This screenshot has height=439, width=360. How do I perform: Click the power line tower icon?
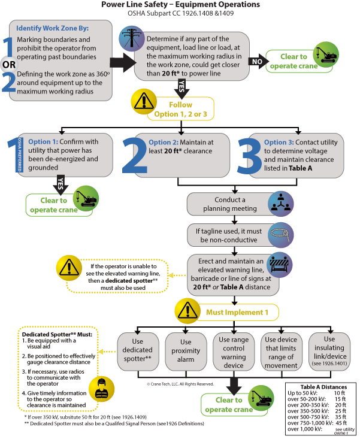click(132, 39)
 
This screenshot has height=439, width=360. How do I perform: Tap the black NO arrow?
click(258, 61)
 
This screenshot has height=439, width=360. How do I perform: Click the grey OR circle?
click(9, 65)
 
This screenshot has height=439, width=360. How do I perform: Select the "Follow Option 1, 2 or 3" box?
click(181, 109)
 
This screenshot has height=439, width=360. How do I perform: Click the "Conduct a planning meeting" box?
click(229, 204)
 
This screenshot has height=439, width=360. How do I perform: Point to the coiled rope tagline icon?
click(281, 235)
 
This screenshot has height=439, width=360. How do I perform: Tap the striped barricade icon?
click(279, 265)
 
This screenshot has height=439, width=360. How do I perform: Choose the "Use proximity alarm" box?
click(186, 351)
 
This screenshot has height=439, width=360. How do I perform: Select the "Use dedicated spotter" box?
click(138, 351)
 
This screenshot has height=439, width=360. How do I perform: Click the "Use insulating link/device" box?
click(329, 351)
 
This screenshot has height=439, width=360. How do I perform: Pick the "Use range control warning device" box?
click(234, 351)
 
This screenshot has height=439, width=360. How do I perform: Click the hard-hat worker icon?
click(102, 389)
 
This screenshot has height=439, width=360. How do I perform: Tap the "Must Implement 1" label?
click(237, 312)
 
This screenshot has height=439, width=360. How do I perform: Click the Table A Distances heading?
click(323, 387)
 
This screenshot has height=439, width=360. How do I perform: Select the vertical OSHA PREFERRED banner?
click(19, 155)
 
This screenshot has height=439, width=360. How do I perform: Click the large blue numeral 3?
click(249, 156)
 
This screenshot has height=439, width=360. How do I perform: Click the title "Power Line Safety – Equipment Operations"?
click(180, 4)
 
